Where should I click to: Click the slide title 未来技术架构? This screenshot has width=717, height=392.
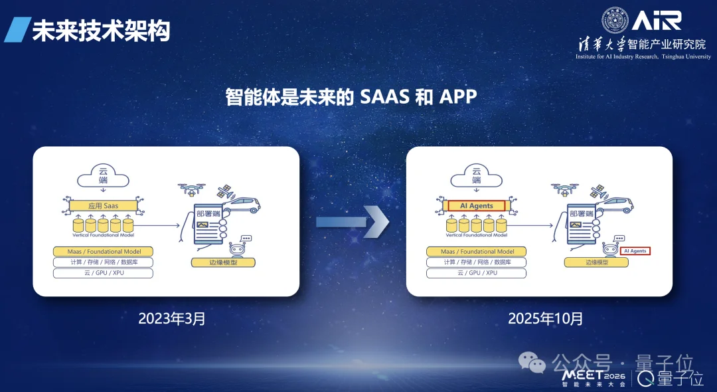click(101, 31)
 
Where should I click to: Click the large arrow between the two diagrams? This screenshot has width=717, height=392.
click(352, 221)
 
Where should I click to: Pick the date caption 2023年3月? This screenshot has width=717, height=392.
click(172, 318)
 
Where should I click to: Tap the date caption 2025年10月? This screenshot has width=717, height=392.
click(545, 318)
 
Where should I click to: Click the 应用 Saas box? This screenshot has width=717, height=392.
click(103, 206)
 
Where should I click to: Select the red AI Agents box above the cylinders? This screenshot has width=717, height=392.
click(477, 206)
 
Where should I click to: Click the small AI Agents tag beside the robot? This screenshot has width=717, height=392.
click(635, 251)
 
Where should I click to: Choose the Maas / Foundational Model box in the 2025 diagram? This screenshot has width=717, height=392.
click(477, 252)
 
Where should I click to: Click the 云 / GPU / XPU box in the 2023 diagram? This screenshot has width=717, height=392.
click(103, 273)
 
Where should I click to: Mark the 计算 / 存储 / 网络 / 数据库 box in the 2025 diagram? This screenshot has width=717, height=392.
click(477, 262)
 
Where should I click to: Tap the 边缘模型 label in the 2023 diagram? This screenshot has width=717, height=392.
click(223, 262)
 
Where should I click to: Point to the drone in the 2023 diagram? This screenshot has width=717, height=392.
click(191, 190)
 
